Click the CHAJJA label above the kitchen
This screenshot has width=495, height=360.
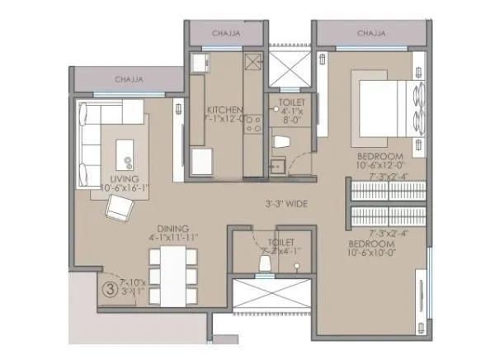point(226,34)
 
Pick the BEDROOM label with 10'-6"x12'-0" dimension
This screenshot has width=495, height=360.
point(380,156)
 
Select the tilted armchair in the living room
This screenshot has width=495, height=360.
point(118,211)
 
